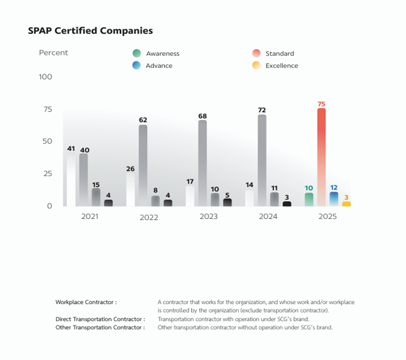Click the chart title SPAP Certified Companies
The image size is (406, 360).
tap(90, 31)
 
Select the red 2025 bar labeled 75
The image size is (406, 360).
tap(321, 157)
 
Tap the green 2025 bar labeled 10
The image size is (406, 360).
tap(309, 200)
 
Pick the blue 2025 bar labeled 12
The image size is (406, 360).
tap(333, 199)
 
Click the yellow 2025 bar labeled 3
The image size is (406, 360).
tap(346, 204)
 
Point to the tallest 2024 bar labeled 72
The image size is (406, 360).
tap(262, 160)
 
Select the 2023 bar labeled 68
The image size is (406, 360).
tap(202, 163)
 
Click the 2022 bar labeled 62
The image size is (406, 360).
tap(143, 166)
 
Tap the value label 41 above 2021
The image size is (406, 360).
tap(71, 149)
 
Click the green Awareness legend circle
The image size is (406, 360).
tap(137, 53)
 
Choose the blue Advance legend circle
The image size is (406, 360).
tap(137, 65)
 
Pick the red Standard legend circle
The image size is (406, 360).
tap(256, 53)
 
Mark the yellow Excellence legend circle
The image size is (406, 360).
tap(256, 65)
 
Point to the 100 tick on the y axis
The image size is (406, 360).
tap(46, 77)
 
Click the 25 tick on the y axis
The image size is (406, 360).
tap(46, 174)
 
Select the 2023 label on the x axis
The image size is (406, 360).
tap(209, 216)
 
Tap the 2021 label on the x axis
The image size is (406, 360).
tap(89, 216)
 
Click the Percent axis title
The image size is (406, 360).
tap(54, 53)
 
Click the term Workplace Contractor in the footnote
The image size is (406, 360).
tap(86, 302)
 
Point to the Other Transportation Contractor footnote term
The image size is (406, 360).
tap(100, 328)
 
